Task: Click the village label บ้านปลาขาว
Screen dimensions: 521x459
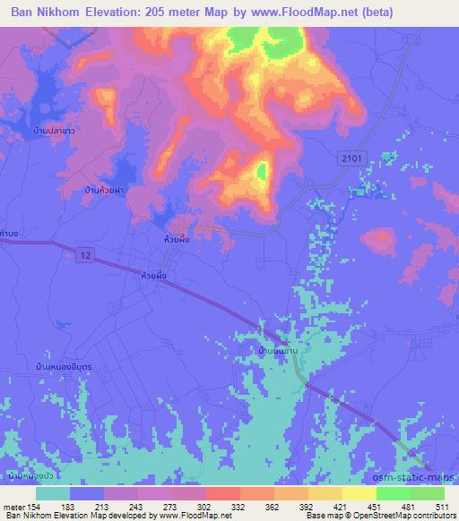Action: pos(51,132)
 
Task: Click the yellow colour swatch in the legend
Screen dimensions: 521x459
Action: pos(359,493)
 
